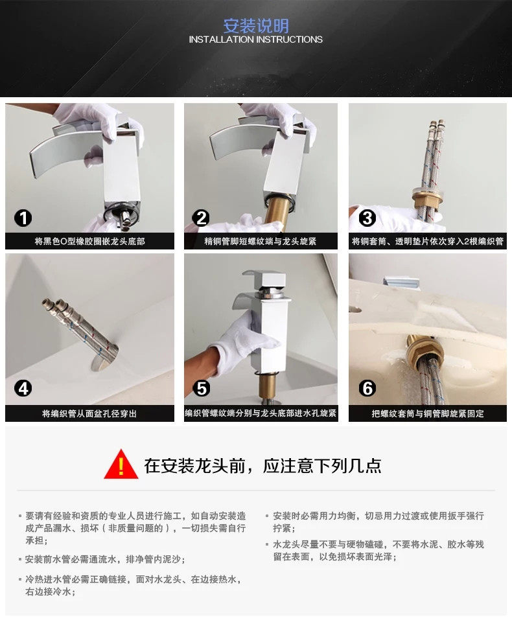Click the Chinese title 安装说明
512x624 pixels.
click(x=255, y=26)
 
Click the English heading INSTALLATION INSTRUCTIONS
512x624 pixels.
click(x=255, y=40)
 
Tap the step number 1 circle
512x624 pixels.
click(x=23, y=218)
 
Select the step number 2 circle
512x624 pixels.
click(x=201, y=218)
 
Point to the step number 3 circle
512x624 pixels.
click(x=367, y=218)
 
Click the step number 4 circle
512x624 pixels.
click(x=23, y=388)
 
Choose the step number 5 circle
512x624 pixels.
click(x=201, y=388)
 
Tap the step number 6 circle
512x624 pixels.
click(x=367, y=388)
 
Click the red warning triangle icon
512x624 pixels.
click(x=121, y=465)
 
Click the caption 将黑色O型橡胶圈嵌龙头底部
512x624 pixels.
click(x=89, y=241)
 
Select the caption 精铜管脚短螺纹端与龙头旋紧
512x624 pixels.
click(x=261, y=241)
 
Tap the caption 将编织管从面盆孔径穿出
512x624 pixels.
click(x=89, y=413)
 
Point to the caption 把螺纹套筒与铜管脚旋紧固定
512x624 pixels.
click(x=428, y=413)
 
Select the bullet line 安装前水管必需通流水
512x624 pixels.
click(x=106, y=560)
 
